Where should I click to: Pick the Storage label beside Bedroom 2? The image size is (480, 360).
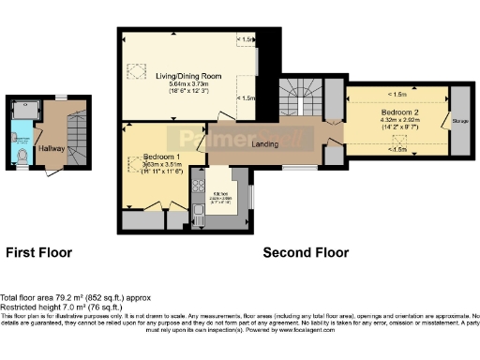tap(459, 120)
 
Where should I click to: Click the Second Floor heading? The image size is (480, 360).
tap(306, 253)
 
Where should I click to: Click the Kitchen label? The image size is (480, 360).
tap(223, 194)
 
